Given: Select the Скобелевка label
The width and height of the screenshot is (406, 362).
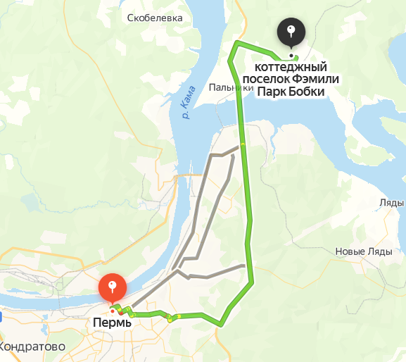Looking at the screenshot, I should pos(155,18).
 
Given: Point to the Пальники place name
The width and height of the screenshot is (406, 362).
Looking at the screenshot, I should pos(230,88).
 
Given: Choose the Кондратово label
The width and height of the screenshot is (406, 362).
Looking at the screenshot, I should pos(33,347).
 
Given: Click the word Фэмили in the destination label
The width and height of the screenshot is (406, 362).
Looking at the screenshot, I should pos(315,79).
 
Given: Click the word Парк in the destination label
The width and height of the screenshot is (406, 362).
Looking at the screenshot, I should pos(271,92).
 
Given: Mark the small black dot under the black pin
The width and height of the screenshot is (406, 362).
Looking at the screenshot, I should pos(291,56).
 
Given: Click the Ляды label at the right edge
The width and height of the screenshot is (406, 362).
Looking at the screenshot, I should pos(391,202).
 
